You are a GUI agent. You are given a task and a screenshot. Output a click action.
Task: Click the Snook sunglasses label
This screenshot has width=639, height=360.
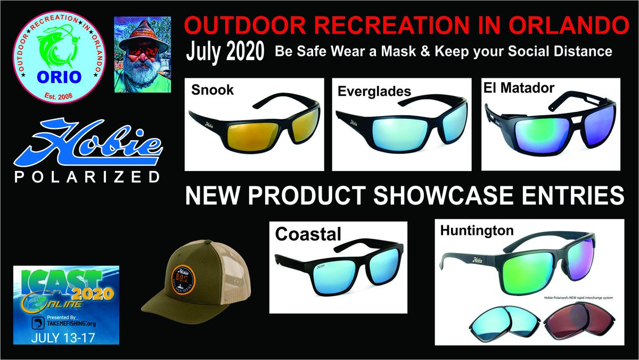tap(212, 90)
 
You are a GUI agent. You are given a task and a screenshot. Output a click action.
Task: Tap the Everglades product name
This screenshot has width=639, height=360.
tap(374, 91)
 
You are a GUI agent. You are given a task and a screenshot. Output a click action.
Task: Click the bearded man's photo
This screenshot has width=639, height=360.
tap(142, 54)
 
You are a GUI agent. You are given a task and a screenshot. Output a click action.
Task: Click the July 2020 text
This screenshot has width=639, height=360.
tap(225, 52)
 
